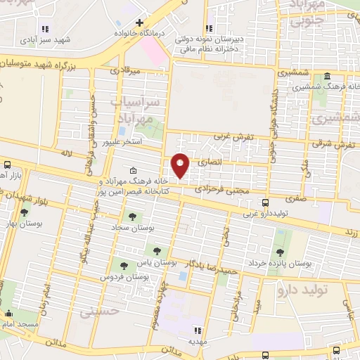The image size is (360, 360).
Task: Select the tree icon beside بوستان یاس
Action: (156, 250)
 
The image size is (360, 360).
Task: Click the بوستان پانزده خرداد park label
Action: (300, 264)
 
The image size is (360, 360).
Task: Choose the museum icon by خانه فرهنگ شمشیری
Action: (328, 77)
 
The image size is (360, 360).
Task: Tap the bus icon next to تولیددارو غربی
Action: (264, 202)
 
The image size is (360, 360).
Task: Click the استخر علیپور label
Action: (123, 141)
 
